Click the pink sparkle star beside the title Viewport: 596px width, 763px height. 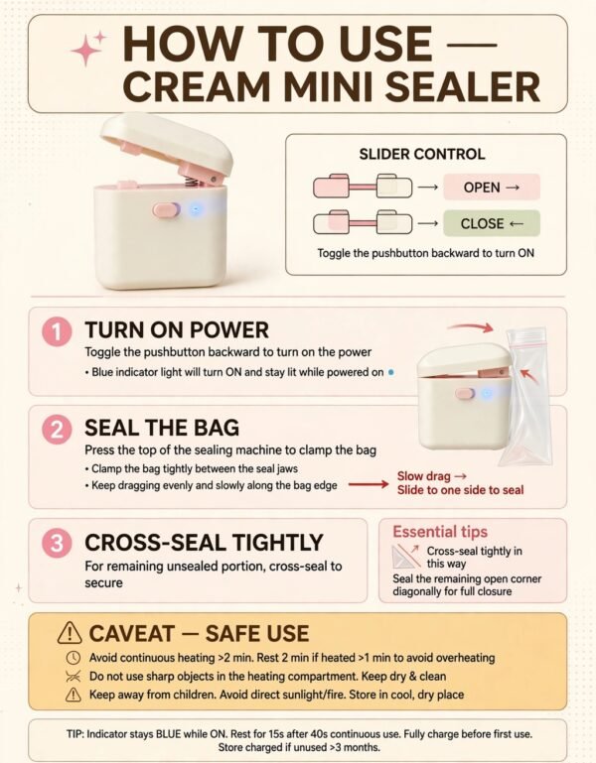click(x=88, y=48)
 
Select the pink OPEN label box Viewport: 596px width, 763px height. click(x=492, y=187)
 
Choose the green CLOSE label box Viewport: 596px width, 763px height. click(x=492, y=223)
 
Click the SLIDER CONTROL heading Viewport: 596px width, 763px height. click(x=422, y=154)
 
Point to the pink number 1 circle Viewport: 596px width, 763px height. click(x=57, y=332)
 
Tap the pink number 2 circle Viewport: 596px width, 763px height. click(x=57, y=430)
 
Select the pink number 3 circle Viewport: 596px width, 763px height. click(x=57, y=543)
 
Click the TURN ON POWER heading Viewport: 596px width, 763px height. click(x=177, y=330)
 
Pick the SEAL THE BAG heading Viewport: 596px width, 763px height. click(x=162, y=428)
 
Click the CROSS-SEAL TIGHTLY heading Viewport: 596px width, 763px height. click(x=204, y=542)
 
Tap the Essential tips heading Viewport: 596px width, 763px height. click(x=440, y=532)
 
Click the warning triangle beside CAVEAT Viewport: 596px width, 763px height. click(x=70, y=633)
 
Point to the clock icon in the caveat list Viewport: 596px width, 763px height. click(x=74, y=658)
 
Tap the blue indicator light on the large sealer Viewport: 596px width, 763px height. click(x=196, y=209)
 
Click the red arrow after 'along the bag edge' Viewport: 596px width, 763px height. click(x=369, y=484)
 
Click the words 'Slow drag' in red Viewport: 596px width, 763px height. click(x=423, y=476)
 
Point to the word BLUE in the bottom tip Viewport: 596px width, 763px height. click(x=168, y=734)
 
